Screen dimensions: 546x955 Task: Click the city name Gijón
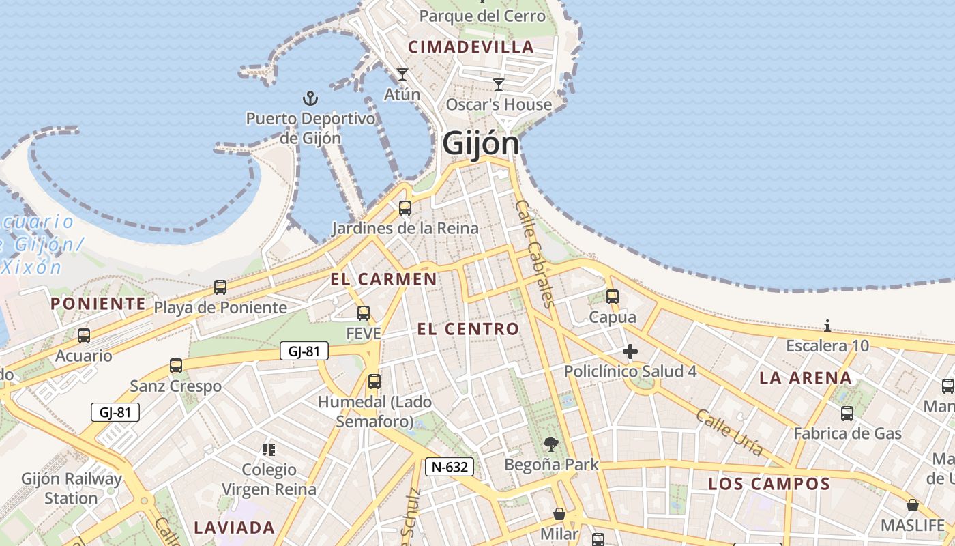click(x=481, y=144)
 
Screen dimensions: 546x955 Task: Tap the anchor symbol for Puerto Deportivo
click(x=310, y=99)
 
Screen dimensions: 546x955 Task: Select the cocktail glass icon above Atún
click(x=402, y=74)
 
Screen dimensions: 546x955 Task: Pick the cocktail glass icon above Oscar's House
click(x=499, y=85)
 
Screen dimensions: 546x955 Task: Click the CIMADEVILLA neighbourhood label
click(x=471, y=47)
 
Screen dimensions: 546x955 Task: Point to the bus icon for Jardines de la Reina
click(x=405, y=208)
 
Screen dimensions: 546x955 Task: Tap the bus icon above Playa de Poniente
click(x=220, y=287)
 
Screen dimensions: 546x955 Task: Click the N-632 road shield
click(x=450, y=467)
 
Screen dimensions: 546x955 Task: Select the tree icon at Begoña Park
click(x=550, y=445)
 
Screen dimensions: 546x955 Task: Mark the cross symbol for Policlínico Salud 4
click(x=630, y=352)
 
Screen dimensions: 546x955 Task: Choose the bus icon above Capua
click(x=613, y=297)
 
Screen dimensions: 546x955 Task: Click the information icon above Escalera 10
click(x=827, y=326)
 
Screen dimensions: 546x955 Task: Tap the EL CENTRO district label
click(x=468, y=329)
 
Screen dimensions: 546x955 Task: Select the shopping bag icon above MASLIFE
click(x=912, y=505)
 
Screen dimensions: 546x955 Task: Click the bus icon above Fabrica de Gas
click(x=847, y=413)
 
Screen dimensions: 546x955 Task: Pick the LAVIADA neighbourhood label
click(x=234, y=528)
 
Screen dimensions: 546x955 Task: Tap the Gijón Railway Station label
click(x=72, y=488)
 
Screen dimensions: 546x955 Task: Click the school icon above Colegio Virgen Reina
click(x=269, y=449)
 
